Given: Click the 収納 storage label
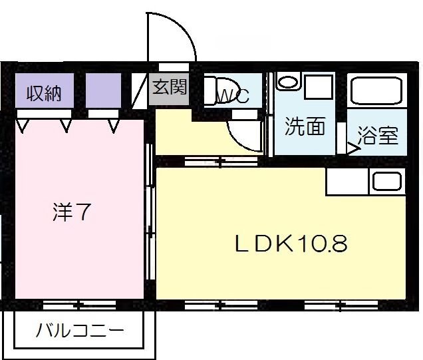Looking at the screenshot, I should pyautogui.click(x=44, y=94).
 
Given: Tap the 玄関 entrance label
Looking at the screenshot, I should pyautogui.click(x=170, y=87).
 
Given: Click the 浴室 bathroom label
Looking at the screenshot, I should pyautogui.click(x=378, y=136).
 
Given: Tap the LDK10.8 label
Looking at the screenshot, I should pyautogui.click(x=290, y=244).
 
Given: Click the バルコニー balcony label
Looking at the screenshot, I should pyautogui.click(x=80, y=330).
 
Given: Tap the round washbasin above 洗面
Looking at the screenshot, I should pyautogui.click(x=288, y=83).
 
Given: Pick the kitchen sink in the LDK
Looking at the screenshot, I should pyautogui.click(x=386, y=181).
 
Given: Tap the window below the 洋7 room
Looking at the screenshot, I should pyautogui.click(x=78, y=305).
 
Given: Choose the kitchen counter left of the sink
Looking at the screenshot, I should pyautogui.click(x=347, y=181).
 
